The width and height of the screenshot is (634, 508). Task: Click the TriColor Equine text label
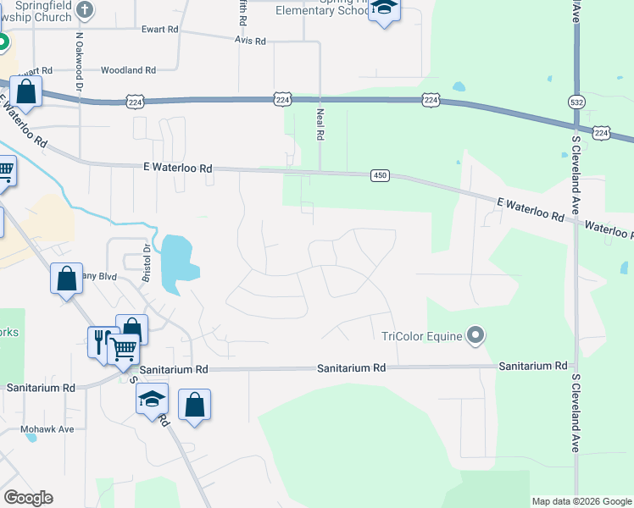coord(421,336)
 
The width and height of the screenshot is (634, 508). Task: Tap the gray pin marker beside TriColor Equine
coord(475,336)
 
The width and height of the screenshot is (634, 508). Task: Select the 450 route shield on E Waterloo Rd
coord(379,175)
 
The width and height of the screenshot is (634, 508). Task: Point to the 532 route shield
coord(576,100)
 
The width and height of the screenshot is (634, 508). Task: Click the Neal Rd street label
coord(320,124)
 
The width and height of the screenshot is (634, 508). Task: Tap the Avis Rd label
coord(251,41)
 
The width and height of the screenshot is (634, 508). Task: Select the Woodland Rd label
coord(128,70)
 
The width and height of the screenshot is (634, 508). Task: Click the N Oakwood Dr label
coord(79,61)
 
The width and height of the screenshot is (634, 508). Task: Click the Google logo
coord(28,498)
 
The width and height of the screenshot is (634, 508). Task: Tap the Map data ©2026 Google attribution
coord(581,501)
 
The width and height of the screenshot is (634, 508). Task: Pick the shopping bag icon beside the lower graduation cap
coord(195,405)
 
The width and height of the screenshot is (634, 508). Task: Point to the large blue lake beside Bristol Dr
coord(175,262)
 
